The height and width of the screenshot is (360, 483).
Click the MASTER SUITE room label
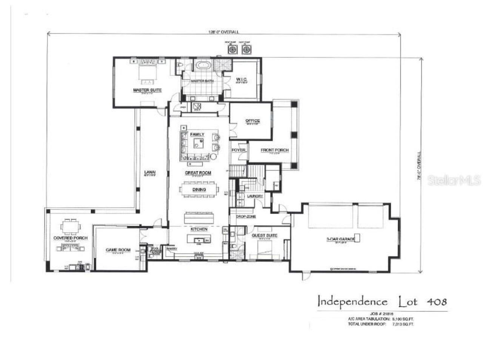pyautogui.click(x=147, y=90)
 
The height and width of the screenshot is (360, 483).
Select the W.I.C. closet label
pyautogui.click(x=241, y=79)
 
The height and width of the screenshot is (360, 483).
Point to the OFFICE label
pyautogui.click(x=252, y=121)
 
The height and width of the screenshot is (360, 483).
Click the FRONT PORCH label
pyautogui.click(x=274, y=150)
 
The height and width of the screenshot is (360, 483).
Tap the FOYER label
pyautogui.click(x=238, y=150)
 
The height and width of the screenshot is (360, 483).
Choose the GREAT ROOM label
pyautogui.click(x=198, y=173)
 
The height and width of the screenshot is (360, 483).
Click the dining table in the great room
pyautogui.click(x=199, y=189)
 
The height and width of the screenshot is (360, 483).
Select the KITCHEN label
pyautogui.click(x=198, y=229)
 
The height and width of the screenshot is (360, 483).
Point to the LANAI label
pyautogui.click(x=150, y=173)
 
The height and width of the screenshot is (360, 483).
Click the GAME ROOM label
pyautogui.click(x=118, y=250)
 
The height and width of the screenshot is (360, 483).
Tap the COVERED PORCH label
pyautogui.click(x=70, y=238)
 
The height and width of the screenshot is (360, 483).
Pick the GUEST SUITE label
pyautogui.click(x=264, y=235)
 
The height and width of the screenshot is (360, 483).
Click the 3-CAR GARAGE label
pyautogui.click(x=340, y=239)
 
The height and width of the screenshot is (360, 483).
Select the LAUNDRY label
pyautogui.click(x=255, y=196)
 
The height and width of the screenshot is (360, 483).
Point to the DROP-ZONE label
pyautogui.click(x=246, y=217)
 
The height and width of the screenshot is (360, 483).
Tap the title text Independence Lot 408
pyautogui.click(x=382, y=302)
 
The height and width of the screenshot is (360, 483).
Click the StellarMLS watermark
pyautogui.click(x=454, y=180)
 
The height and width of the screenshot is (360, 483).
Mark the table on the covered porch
pyautogui.click(x=70, y=226)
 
